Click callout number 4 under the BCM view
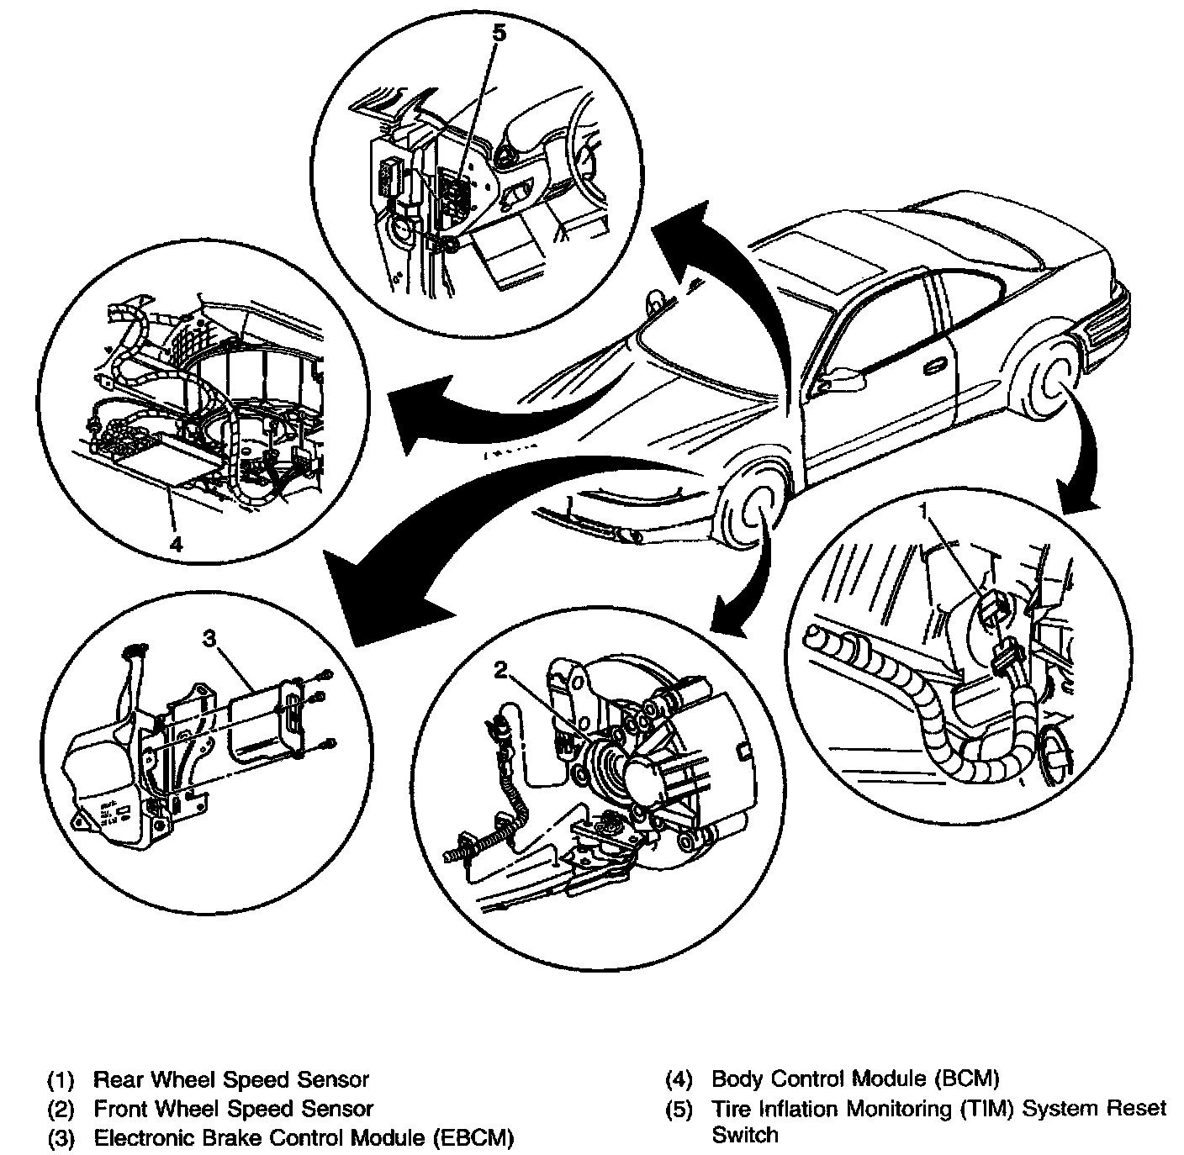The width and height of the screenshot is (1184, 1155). click(176, 544)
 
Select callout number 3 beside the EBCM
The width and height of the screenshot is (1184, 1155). click(210, 640)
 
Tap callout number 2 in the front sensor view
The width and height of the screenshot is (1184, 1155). click(501, 669)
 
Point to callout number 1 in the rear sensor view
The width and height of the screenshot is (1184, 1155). click(923, 509)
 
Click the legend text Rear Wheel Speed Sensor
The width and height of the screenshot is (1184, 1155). click(231, 1079)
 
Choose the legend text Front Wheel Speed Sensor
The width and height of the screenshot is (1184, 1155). click(233, 1109)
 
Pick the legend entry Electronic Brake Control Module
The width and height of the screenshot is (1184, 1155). click(303, 1138)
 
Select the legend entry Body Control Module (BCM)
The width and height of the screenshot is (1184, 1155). click(855, 1079)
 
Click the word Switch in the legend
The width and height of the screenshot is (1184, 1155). click(745, 1135)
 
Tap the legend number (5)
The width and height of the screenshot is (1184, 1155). click(679, 1109)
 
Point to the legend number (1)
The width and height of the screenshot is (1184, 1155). click(61, 1079)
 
